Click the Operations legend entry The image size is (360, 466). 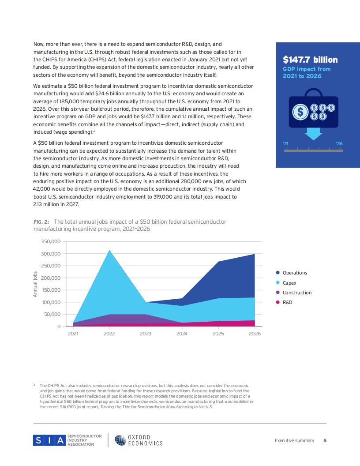291,273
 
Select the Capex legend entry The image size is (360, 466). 286,283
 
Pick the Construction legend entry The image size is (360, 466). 294,293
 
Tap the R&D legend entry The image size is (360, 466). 284,302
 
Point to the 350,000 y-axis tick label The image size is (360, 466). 50,242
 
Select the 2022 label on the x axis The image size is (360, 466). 109,334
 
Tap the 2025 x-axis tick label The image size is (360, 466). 218,334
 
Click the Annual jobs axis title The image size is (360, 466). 35,284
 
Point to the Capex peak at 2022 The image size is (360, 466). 109,251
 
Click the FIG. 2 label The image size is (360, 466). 41,222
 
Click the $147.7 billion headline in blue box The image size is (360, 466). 310,60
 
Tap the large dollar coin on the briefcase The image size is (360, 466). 300,112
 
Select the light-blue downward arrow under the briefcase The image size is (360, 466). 313,134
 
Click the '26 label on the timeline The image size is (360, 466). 339,143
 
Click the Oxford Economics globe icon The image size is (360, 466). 120,440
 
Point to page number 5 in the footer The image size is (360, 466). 325,440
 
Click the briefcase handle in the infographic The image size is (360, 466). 313,92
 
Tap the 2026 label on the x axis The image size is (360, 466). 255,334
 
